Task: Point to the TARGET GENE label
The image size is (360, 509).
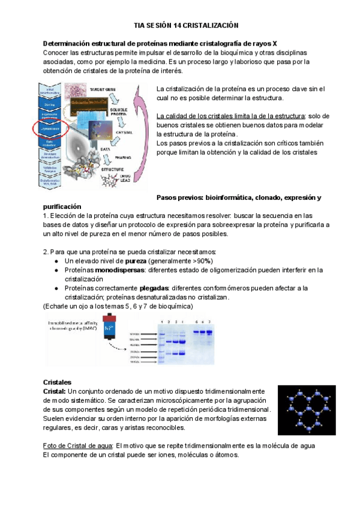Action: coord(101,89)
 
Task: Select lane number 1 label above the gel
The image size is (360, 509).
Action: coord(161,322)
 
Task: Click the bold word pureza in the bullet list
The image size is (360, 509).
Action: coord(135,261)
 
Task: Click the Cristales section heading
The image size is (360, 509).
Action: coord(58,382)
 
